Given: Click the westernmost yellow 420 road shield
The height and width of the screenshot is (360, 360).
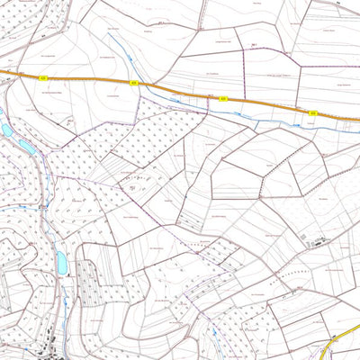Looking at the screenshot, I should [x=42, y=78].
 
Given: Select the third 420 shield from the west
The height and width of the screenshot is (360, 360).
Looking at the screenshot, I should [x=222, y=101].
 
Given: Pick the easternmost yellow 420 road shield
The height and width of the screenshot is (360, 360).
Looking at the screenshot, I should [x=312, y=113].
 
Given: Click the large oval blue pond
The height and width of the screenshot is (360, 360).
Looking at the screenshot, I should [x=62, y=263].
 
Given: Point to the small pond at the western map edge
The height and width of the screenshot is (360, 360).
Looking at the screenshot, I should [x=6, y=131].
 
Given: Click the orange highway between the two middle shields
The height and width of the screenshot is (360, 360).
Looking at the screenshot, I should [x=178, y=91].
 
